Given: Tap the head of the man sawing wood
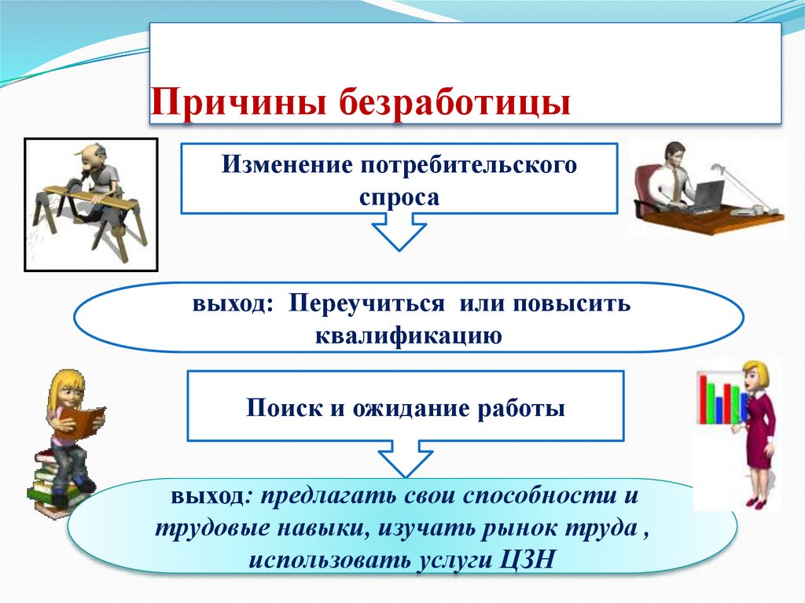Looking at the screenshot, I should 89,155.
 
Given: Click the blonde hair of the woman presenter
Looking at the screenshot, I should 757,372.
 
